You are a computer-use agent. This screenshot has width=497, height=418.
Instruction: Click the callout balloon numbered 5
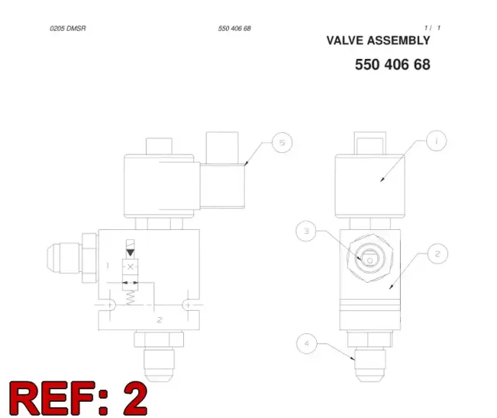coord(282,142)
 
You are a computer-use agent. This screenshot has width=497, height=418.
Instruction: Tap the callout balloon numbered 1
coord(436,141)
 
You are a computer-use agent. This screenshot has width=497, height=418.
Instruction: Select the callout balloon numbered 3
coord(306,231)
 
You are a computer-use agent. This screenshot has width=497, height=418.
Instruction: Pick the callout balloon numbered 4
coord(307,343)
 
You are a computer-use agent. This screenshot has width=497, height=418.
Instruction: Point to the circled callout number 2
coord(438,254)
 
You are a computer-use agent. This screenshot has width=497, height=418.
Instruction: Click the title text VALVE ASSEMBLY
coord(378,40)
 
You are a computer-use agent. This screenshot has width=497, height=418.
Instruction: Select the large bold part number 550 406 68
coord(392,64)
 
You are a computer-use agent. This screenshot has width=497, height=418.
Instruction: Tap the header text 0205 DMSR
coord(68,29)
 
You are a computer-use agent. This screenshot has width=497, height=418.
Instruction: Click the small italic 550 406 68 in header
coord(235,29)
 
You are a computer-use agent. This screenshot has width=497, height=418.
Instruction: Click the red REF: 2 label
coord(78,399)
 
